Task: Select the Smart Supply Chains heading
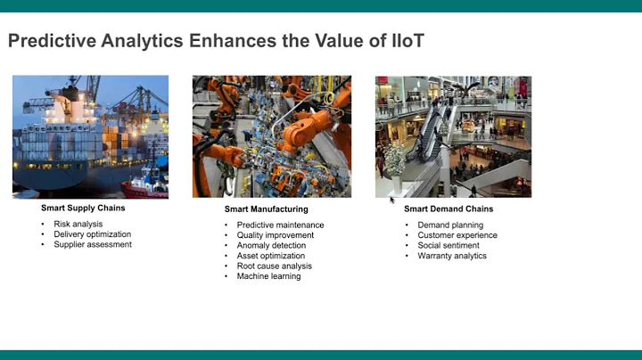point(83,209)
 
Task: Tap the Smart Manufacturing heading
point(266,209)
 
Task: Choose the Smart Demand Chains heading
point(449,209)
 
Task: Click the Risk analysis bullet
point(78,225)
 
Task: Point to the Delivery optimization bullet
point(93,234)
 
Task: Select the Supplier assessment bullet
point(93,245)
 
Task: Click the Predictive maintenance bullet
point(280,225)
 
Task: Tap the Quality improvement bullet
point(276,235)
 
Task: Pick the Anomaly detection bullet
point(271,246)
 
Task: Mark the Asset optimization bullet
point(271,256)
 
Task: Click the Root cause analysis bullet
point(274,266)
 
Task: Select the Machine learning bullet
point(268,276)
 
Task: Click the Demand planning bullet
point(450,225)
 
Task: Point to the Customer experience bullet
point(457,235)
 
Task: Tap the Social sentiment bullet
point(449,246)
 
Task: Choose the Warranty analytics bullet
point(452,256)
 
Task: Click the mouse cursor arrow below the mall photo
point(391,200)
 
